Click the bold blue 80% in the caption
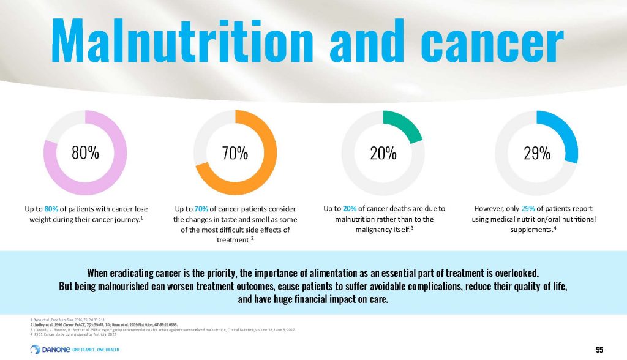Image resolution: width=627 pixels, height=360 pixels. (53, 209)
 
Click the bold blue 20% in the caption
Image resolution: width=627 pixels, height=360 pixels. (350, 209)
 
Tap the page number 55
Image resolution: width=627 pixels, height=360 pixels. (599, 349)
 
